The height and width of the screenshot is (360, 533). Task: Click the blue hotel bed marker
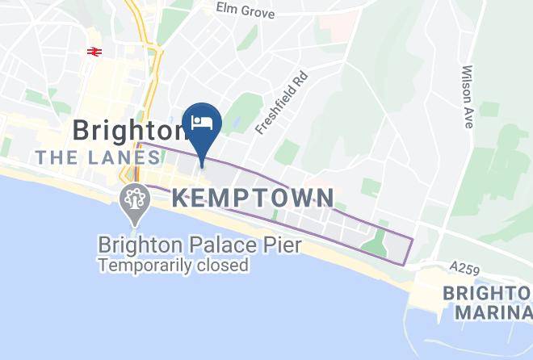point(202,123)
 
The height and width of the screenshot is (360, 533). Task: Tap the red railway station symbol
point(94,52)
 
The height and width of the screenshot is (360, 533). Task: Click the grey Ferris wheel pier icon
point(133,199)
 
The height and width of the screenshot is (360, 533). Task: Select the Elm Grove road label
point(246,10)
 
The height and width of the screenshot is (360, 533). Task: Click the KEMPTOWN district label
point(253,198)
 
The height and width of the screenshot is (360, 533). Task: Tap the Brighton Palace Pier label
point(199,244)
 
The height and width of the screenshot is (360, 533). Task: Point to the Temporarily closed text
point(173,264)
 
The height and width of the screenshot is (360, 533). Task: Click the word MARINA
point(493,312)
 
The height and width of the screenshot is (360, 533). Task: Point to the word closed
point(220,264)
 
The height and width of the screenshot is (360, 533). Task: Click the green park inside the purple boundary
point(375,242)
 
